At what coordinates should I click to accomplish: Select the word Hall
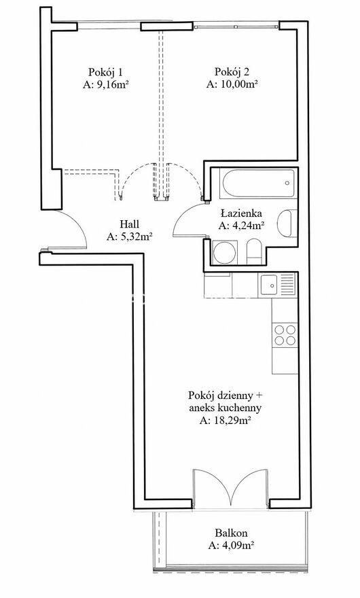[129, 224]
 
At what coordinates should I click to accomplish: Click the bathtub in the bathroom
[259, 183]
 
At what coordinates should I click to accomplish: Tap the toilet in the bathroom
[253, 251]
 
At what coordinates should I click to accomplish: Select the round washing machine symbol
[225, 252]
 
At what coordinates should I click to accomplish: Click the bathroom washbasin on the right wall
[287, 223]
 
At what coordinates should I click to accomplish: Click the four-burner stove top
[285, 334]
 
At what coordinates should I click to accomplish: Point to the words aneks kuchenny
[226, 408]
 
